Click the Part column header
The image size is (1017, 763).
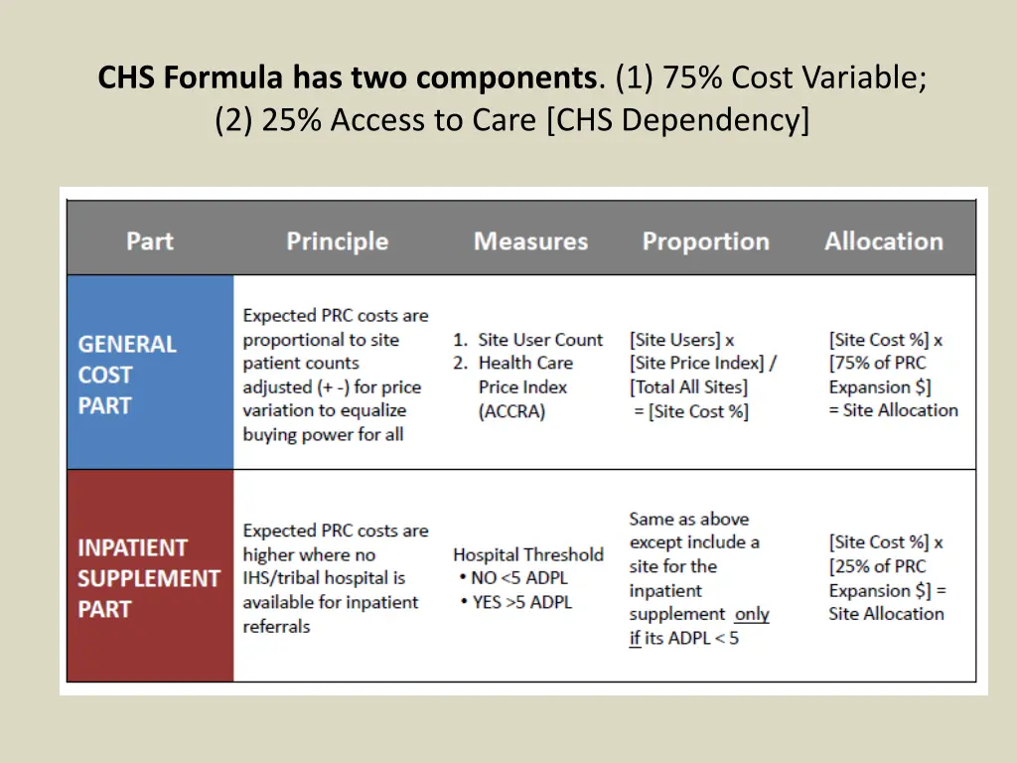(150, 241)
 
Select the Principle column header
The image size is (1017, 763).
(337, 241)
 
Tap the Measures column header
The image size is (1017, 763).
(530, 241)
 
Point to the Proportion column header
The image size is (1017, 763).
(705, 241)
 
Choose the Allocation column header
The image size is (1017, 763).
(883, 241)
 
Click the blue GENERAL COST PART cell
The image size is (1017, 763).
(150, 374)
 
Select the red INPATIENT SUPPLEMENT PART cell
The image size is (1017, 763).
(149, 577)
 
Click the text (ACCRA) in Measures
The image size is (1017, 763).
(512, 411)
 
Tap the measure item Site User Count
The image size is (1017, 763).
(539, 340)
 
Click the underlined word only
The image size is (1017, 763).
(752, 614)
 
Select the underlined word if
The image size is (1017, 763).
(634, 638)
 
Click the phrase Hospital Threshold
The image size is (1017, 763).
(527, 554)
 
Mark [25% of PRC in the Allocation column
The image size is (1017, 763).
(878, 566)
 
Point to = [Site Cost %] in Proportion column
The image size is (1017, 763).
(691, 411)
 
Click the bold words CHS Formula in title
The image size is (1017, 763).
(192, 77)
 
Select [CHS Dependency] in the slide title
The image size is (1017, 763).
(678, 120)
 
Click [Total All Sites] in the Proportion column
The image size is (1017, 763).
(688, 387)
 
